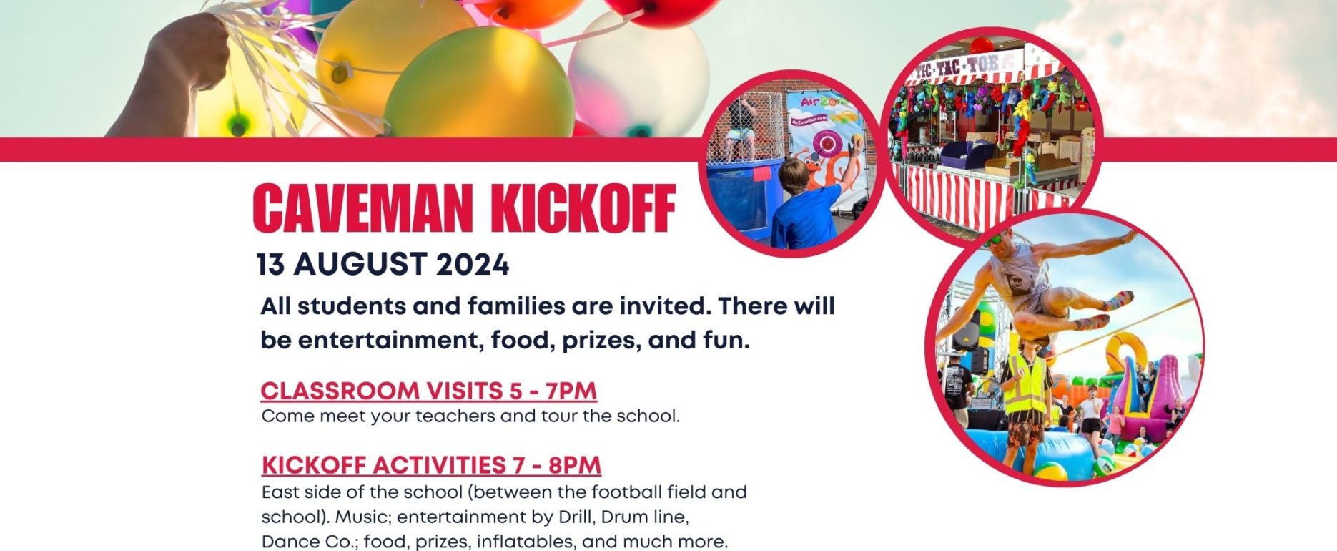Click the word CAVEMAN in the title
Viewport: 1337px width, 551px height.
pyautogui.click(x=362, y=208)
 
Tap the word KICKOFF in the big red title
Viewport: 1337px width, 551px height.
pyautogui.click(x=583, y=208)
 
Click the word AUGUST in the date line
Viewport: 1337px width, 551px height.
pyautogui.click(x=361, y=265)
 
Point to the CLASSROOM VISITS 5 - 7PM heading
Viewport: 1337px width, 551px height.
pyautogui.click(x=429, y=391)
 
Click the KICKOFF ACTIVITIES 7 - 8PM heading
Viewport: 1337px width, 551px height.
pyautogui.click(x=431, y=465)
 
